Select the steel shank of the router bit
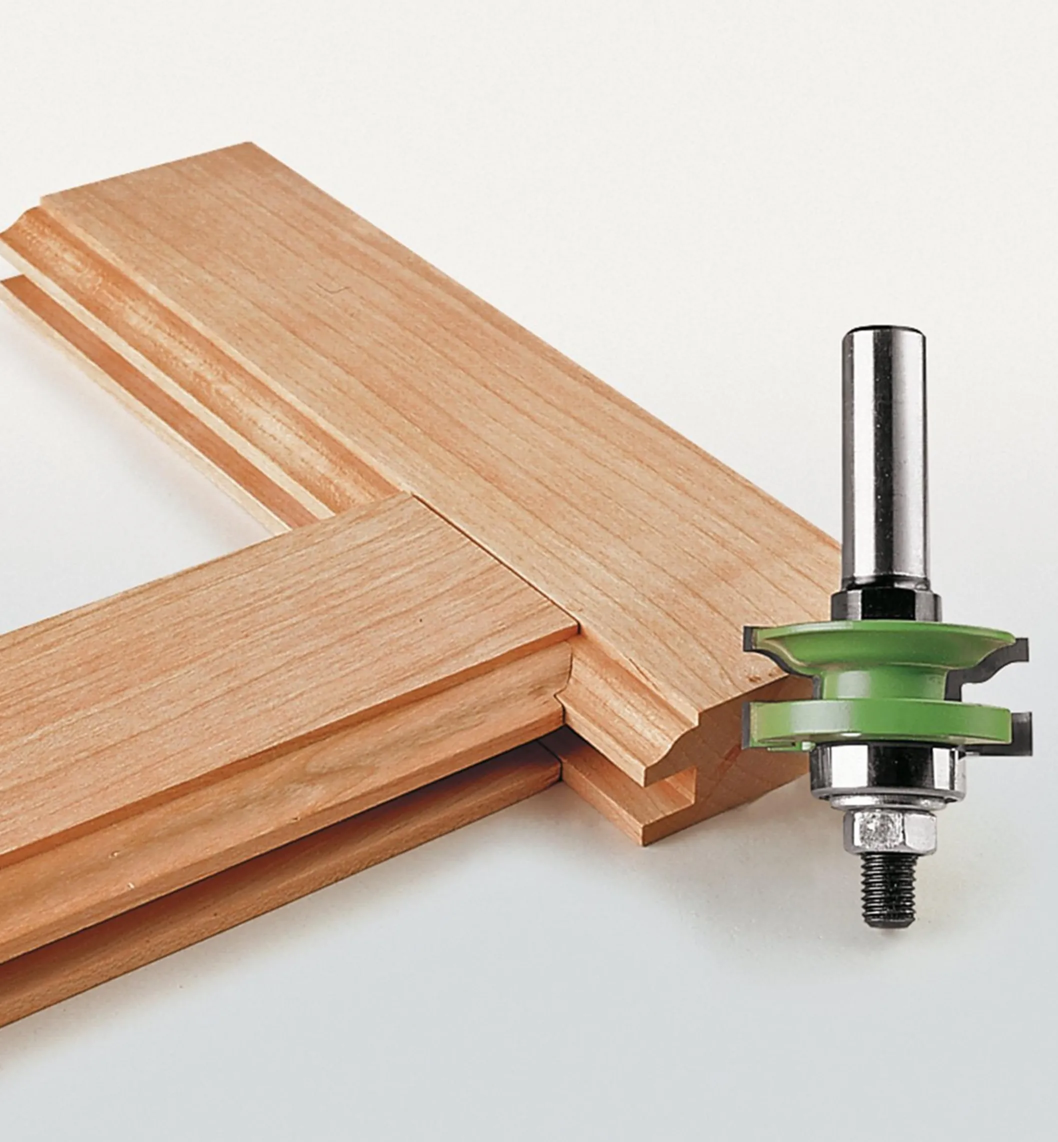tap(884, 458)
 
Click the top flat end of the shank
tap(884, 333)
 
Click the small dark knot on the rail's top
tap(421, 620)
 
